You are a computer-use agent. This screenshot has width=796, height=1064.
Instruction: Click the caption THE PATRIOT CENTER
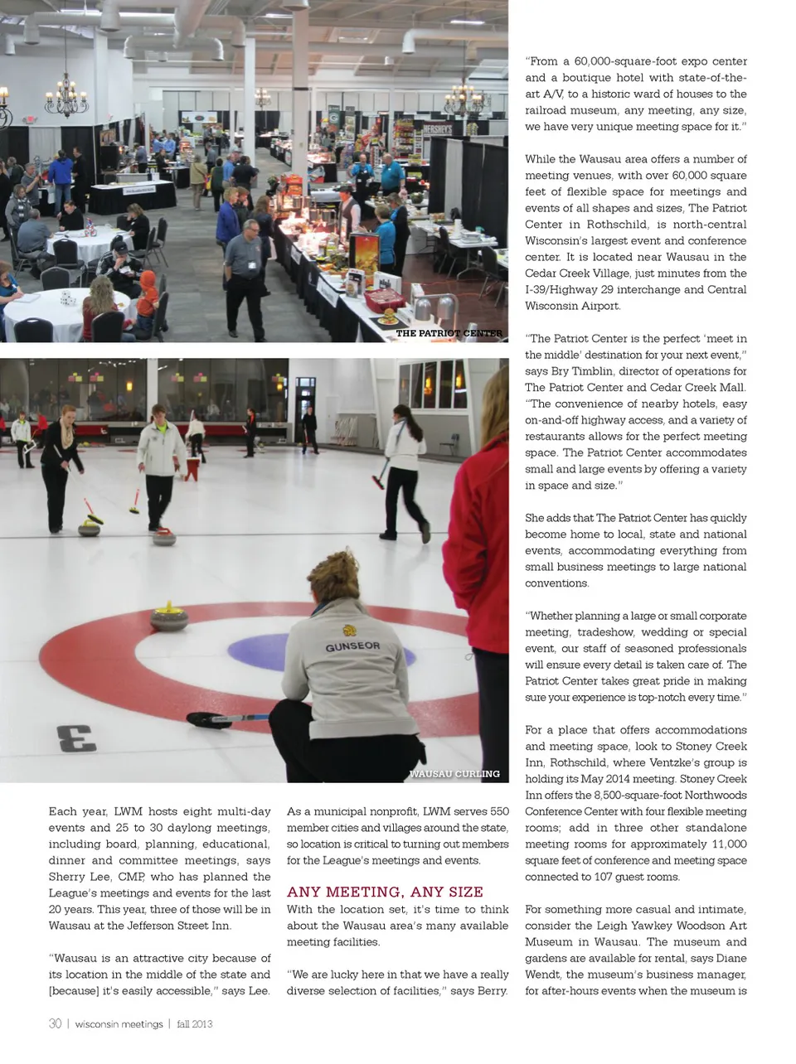click(449, 333)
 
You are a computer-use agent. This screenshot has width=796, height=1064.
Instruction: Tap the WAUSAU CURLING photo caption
click(454, 773)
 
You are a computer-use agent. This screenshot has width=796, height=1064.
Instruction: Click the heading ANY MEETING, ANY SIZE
click(385, 892)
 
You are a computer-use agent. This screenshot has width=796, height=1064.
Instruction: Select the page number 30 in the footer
click(55, 1023)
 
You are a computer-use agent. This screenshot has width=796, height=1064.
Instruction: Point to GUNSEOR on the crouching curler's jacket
click(352, 646)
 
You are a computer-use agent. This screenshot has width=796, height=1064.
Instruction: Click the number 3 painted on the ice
click(76, 737)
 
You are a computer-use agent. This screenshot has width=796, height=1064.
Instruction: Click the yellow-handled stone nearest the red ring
click(169, 617)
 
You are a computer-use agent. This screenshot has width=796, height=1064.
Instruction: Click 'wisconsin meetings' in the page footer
click(119, 1024)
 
